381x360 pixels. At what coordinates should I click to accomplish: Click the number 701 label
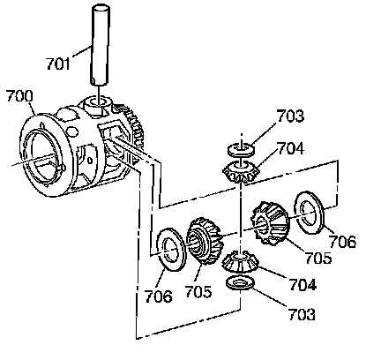pyautogui.click(x=58, y=64)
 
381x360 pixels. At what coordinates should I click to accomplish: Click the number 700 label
pyautogui.click(x=19, y=96)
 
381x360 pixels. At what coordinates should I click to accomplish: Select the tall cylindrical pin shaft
pyautogui.click(x=100, y=45)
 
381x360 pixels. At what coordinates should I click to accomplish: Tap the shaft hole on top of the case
pyautogui.click(x=97, y=101)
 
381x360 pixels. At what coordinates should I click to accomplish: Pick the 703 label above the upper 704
pyautogui.click(x=290, y=116)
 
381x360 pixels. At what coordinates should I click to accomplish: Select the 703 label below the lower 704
pyautogui.click(x=302, y=314)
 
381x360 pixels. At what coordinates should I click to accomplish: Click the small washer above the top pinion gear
pyautogui.click(x=242, y=149)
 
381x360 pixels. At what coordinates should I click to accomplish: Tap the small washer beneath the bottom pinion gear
pyautogui.click(x=240, y=282)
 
